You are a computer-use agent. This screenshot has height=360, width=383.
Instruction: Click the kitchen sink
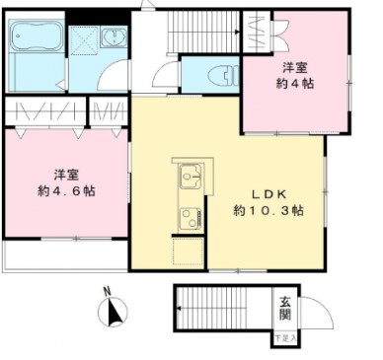coord(189,179)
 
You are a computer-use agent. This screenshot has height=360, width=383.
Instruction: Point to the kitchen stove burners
coord(187,214)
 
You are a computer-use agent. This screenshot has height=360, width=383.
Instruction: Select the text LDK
coord(268,192)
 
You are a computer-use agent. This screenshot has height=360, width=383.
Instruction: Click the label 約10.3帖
coord(268,210)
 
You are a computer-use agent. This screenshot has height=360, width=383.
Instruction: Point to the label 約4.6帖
coord(67,189)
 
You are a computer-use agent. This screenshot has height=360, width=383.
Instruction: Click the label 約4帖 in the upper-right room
coord(294,84)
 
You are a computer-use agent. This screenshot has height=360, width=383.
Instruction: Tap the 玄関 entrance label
coord(284,308)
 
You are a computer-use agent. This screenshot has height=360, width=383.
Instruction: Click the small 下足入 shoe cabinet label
coord(284,338)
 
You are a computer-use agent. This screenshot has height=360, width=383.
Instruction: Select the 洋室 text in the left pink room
coord(67,172)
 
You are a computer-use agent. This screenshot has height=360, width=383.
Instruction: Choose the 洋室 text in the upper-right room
coord(294,67)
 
